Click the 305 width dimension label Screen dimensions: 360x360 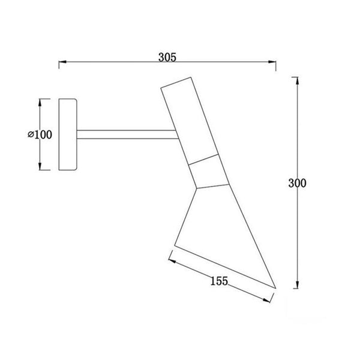point(167,58)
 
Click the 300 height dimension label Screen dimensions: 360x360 point(297,184)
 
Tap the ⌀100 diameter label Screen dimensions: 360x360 point(40,134)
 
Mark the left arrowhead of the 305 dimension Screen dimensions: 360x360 point(59,62)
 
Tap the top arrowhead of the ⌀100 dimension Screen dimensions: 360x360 point(40,101)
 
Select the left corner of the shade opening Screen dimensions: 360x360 point(174,245)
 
